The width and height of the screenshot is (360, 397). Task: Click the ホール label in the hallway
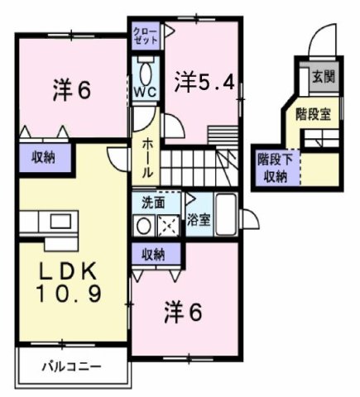coord(146,157)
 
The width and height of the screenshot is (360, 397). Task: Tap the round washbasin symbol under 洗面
coord(143,223)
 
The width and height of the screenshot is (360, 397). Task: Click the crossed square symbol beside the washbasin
coord(166,223)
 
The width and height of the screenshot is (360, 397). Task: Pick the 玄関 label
coord(323,78)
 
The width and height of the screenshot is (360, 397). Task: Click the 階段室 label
coord(314,114)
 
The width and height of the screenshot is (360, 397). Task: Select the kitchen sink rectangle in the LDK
coord(59,221)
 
